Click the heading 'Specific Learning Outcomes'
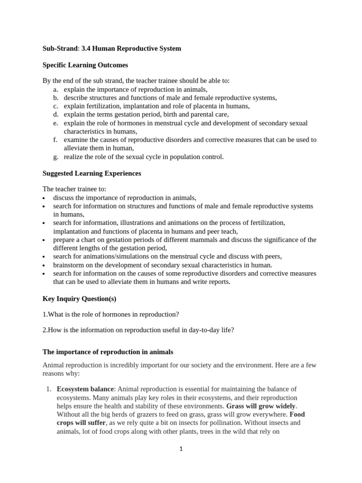85,65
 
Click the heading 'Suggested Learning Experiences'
92,173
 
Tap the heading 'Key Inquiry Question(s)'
79,299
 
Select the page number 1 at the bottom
181,449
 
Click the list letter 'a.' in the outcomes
56,89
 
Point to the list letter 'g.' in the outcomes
56,157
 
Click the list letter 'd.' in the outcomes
56,115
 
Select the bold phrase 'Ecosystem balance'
85,389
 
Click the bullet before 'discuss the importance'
44,199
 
